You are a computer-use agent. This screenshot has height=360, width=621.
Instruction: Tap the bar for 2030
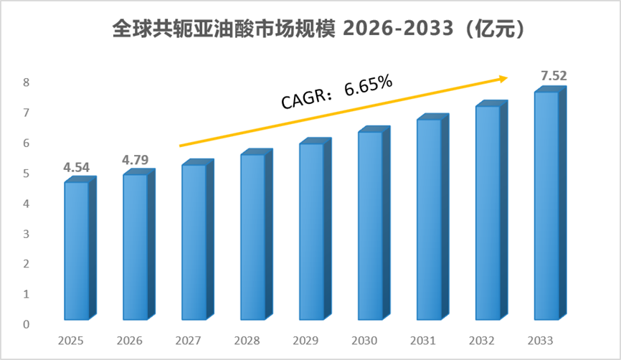click(374, 223)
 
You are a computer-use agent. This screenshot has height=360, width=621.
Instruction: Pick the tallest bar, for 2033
click(551, 203)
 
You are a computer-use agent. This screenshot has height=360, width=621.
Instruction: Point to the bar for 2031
click(433, 217)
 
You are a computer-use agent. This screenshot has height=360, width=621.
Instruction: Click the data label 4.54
click(77, 168)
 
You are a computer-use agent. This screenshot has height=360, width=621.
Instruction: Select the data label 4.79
click(135, 160)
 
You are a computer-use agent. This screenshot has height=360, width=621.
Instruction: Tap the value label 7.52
click(554, 75)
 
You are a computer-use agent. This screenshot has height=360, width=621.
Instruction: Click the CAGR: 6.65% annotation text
click(336, 91)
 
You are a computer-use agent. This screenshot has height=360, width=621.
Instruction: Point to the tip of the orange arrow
click(508, 77)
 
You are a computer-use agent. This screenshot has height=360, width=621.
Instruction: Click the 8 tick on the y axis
click(26, 82)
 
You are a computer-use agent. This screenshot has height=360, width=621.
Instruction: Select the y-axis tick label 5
click(26, 174)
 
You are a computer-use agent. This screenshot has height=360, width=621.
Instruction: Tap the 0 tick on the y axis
click(26, 324)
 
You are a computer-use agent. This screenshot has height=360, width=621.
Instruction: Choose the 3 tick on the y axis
click(26, 234)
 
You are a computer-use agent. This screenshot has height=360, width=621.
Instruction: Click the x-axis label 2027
click(188, 341)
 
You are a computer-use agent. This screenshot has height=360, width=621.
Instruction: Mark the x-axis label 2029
click(305, 341)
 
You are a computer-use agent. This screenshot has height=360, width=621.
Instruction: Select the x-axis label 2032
click(482, 341)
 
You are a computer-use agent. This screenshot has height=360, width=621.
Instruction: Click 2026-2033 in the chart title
click(398, 29)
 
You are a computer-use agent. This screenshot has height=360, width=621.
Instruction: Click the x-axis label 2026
click(130, 341)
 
